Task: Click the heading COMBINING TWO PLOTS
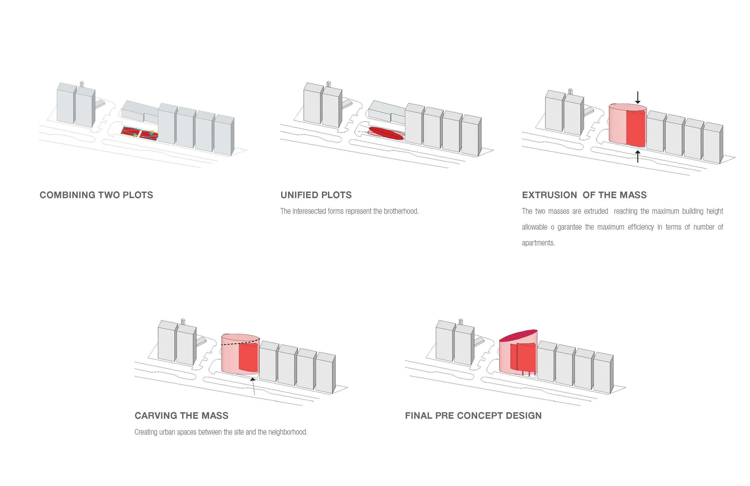point(96,195)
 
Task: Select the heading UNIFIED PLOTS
point(316,195)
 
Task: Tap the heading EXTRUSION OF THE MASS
point(584,195)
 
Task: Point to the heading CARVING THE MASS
point(181,416)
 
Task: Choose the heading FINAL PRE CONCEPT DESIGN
point(473,416)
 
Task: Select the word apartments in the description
point(538,243)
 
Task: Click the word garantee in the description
point(569,227)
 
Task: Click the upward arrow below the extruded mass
point(638,156)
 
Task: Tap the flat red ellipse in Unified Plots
point(386,133)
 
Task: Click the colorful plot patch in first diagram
point(140,133)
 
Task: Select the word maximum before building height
point(665,211)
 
